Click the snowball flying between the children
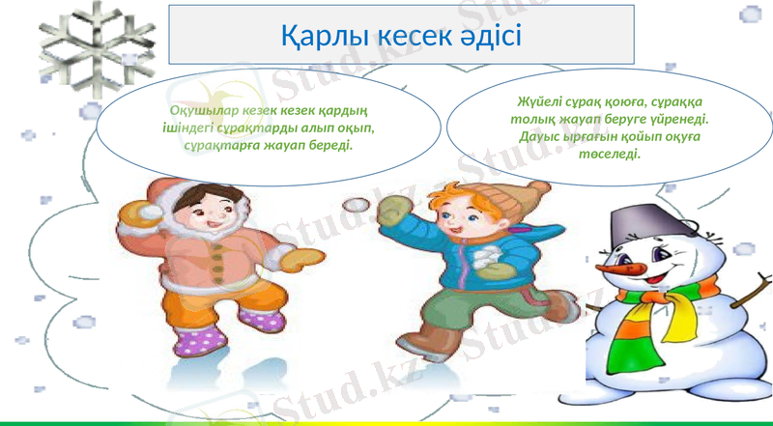pos(358,205)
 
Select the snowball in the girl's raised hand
pos(149,213)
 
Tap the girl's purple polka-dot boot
pos(196,339)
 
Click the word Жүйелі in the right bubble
pos(540,102)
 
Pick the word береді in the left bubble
pos(331,144)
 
